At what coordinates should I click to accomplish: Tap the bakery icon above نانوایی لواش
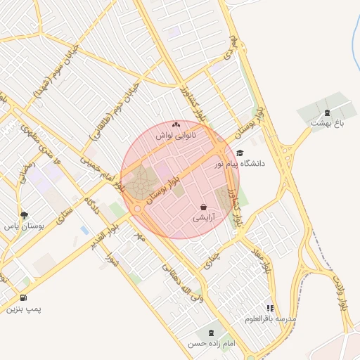tap(176, 124)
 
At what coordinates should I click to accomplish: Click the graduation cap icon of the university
tap(240, 153)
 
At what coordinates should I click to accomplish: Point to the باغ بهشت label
tap(326, 123)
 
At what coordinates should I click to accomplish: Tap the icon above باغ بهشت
tap(326, 113)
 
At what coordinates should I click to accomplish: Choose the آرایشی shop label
tap(204, 218)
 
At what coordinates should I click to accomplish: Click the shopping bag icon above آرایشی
tap(204, 207)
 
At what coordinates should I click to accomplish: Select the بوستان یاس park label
tap(25, 226)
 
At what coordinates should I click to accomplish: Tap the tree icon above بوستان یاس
tap(25, 216)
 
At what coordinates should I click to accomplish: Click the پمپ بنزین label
tap(25, 309)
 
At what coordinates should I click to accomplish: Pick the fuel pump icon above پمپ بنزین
tap(25, 298)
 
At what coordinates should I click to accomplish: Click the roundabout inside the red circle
tap(136, 208)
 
